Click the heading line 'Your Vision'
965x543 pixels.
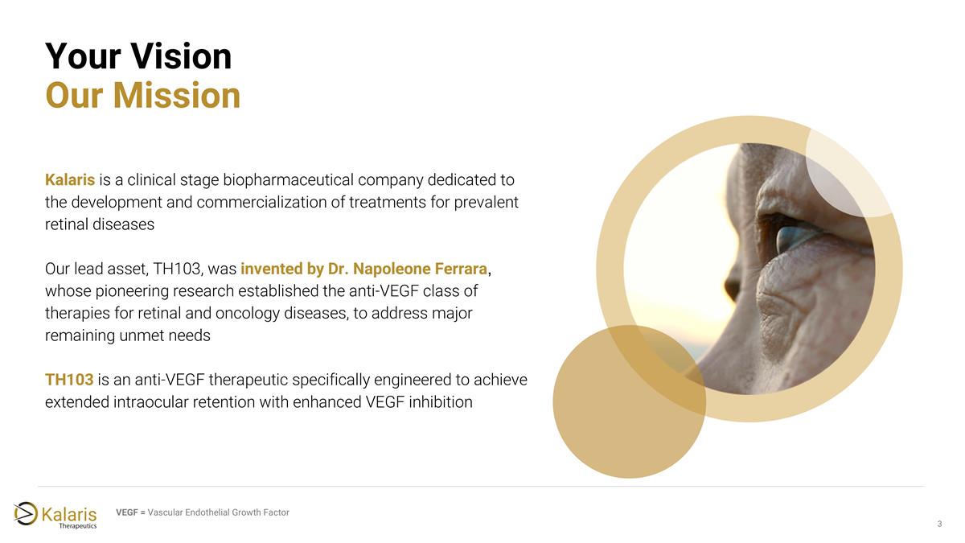pyautogui.click(x=138, y=56)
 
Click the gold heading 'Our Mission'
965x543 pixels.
pyautogui.click(x=143, y=96)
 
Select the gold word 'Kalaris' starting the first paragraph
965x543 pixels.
pyautogui.click(x=71, y=179)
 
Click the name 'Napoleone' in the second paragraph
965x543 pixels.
pyautogui.click(x=381, y=265)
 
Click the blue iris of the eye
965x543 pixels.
pyautogui.click(x=792, y=237)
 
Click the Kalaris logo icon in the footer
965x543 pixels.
pyautogui.click(x=26, y=512)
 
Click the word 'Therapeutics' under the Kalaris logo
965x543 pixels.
pyautogui.click(x=79, y=525)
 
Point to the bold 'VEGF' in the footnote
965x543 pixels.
pyautogui.click(x=127, y=512)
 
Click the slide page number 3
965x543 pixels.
pyautogui.click(x=939, y=524)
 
